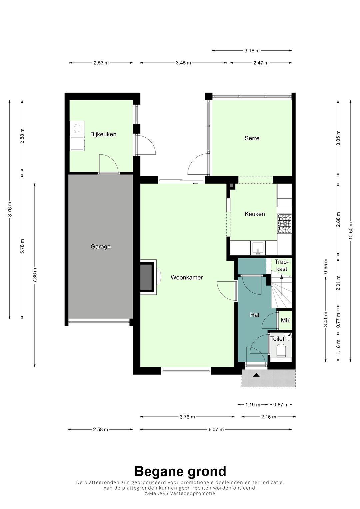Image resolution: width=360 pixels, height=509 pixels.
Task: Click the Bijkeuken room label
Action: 103,134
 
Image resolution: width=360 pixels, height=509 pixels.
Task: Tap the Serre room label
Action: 252,138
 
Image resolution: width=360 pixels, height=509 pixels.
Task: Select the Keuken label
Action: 255,214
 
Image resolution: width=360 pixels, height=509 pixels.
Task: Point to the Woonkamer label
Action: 187,277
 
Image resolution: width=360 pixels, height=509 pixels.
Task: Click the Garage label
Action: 100,247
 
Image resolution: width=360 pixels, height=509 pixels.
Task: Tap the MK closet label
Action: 285,320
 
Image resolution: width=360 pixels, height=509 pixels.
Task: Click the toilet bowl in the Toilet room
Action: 281,350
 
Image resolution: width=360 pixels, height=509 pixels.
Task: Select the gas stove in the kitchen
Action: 284,224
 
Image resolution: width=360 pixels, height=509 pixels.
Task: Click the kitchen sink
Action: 258,248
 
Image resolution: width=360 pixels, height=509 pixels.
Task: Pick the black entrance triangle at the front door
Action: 256,375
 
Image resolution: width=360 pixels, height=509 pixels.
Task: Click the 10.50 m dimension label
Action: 350,230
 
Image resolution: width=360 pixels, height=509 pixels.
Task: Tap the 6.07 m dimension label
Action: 216,429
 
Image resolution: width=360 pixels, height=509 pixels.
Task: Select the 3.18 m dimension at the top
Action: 252,51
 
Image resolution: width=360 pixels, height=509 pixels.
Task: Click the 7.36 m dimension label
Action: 35,275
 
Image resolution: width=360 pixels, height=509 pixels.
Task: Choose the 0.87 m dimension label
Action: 281,405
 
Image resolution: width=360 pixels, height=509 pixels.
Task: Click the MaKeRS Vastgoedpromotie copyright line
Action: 180,493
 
